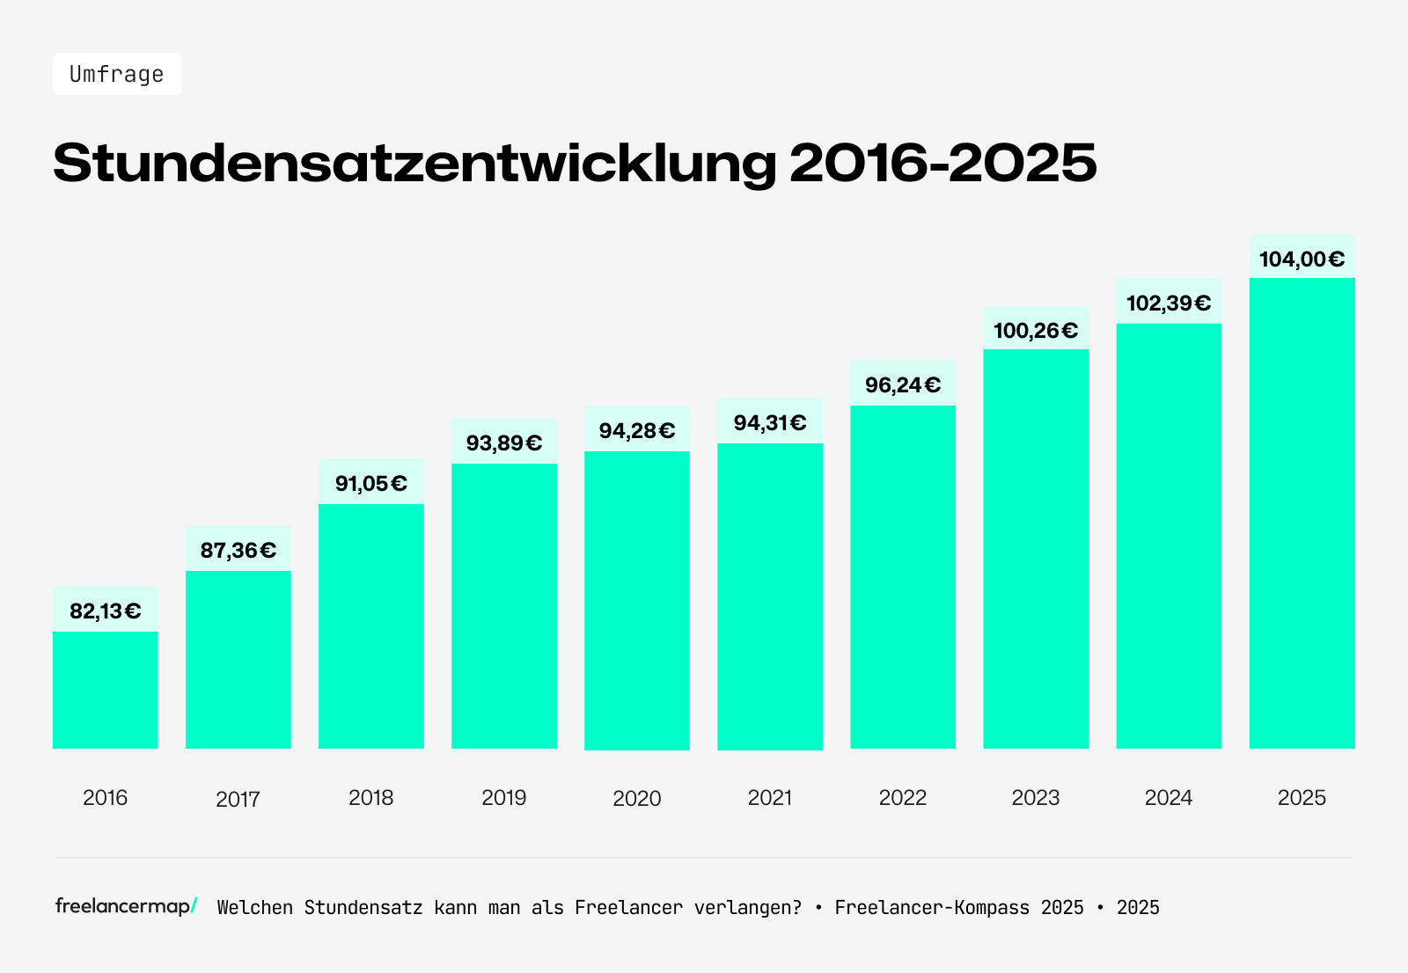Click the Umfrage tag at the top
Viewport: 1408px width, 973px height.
point(116,74)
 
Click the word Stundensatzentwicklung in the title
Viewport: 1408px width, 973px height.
point(414,163)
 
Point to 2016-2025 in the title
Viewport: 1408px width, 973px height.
point(942,163)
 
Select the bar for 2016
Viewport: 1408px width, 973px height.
point(106,690)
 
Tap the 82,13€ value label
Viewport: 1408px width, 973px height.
point(106,611)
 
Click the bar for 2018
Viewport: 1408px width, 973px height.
point(371,625)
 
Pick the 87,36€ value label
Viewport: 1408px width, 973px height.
point(238,551)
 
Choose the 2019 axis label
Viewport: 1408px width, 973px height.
point(504,798)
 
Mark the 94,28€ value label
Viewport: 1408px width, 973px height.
point(637,431)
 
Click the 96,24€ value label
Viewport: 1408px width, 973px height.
point(903,385)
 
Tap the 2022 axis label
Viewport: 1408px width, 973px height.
point(903,798)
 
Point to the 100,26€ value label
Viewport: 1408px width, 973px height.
point(1036,331)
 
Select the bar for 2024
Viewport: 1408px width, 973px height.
point(1169,536)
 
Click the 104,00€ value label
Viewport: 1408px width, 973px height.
point(1302,260)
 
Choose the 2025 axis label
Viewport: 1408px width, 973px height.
point(1302,798)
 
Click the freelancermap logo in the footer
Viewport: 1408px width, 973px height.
point(126,906)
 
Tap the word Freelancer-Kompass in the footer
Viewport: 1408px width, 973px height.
point(932,908)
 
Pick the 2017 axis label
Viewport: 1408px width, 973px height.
point(238,799)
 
